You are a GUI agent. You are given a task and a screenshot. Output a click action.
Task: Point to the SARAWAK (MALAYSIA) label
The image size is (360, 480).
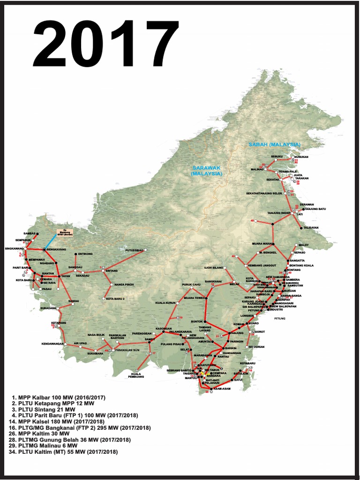click(206, 171)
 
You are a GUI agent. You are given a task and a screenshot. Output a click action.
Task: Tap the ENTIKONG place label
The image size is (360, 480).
click(85, 254)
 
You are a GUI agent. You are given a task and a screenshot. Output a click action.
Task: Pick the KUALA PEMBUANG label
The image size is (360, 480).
click(137, 375)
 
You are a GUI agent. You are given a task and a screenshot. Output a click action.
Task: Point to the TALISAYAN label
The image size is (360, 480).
click(311, 228)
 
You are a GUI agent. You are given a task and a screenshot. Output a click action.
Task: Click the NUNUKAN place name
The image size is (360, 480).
click(301, 157)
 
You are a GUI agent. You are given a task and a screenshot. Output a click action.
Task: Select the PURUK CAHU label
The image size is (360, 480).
click(191, 285)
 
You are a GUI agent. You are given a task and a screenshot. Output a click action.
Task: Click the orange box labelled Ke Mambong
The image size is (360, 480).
click(63, 232)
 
